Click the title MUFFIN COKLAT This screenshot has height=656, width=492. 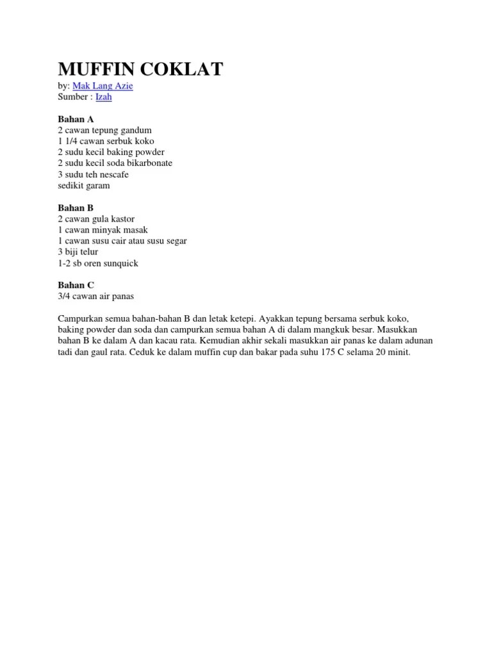tap(140, 69)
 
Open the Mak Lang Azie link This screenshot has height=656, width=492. tap(103, 86)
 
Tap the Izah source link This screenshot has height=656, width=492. tap(104, 97)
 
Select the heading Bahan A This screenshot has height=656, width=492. tap(76, 119)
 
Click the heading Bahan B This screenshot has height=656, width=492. tap(76, 208)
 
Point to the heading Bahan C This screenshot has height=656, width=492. tap(76, 285)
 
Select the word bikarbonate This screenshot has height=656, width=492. tap(149, 163)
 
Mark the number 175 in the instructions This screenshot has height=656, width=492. tap(328, 352)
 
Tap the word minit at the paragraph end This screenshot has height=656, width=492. tap(398, 352)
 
